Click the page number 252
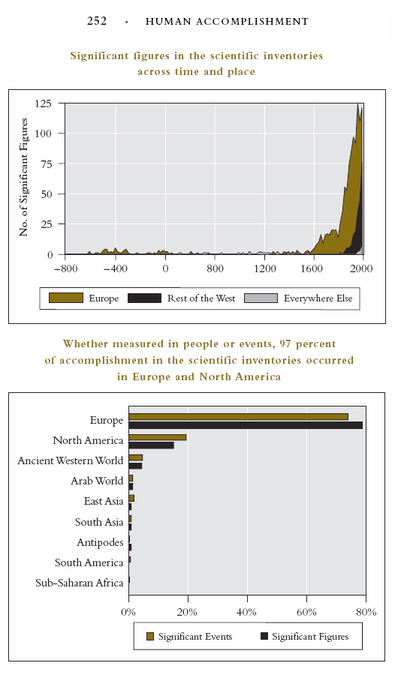click(x=97, y=21)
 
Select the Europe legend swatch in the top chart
click(x=66, y=298)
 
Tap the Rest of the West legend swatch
click(x=144, y=298)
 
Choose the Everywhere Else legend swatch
click(x=261, y=298)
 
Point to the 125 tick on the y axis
click(x=43, y=103)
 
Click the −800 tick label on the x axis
click(x=66, y=268)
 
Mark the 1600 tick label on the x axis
click(x=312, y=268)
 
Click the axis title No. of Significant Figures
click(x=23, y=177)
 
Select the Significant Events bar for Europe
click(x=239, y=417)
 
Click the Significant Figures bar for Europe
click(x=246, y=425)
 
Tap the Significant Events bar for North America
click(x=158, y=437)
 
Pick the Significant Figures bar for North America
click(x=152, y=445)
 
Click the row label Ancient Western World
click(x=71, y=460)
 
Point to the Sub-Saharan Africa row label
click(x=80, y=583)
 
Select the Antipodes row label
click(x=100, y=542)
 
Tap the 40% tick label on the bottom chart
click(x=247, y=612)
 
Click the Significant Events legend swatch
click(x=150, y=636)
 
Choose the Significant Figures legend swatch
click(x=264, y=636)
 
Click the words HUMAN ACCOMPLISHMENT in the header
click(x=227, y=22)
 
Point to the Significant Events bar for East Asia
click(x=131, y=498)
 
